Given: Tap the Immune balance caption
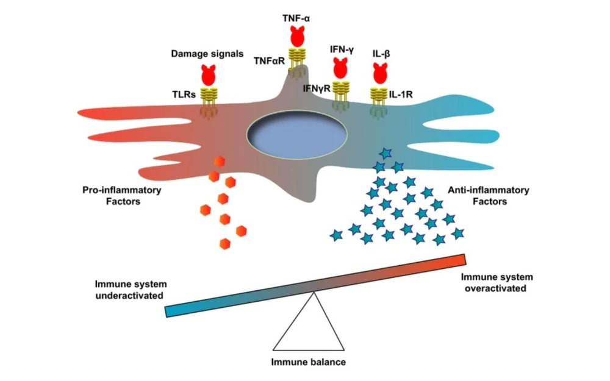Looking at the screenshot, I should [x=308, y=362].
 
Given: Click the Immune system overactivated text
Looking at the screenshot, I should [x=495, y=282].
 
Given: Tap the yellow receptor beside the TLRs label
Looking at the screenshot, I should [x=209, y=97].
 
